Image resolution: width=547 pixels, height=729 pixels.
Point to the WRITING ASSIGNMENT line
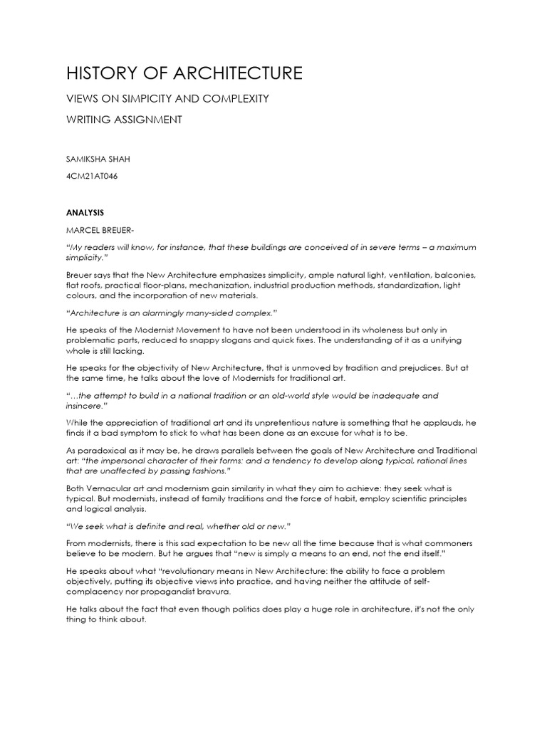(x=124, y=120)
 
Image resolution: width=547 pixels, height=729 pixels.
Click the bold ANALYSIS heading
(x=85, y=212)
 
